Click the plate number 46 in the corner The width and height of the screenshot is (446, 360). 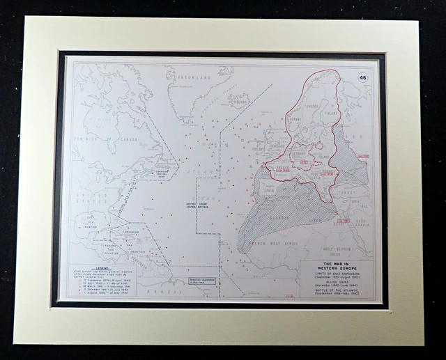coord(362,77)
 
